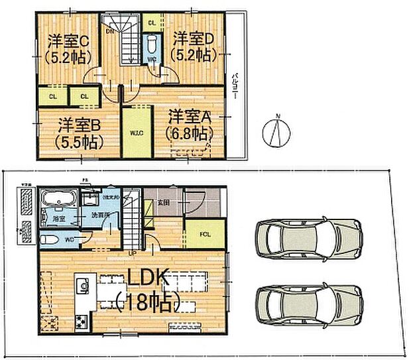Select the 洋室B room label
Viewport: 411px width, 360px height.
coord(79,125)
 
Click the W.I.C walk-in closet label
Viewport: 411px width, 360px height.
coord(137,133)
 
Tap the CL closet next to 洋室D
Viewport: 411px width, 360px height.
coord(152,22)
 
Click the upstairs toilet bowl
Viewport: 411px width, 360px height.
coord(152,45)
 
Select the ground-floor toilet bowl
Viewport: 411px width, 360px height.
coord(49,239)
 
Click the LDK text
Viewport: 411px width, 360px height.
coord(148,278)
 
